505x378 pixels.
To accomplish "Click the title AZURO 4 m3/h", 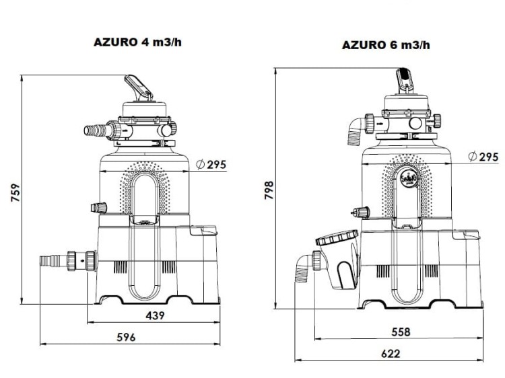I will coord(138,42).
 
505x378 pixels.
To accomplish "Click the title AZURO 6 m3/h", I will coord(386,45).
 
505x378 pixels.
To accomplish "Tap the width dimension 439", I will coord(154,315).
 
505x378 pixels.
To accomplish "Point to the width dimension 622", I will coord(389,353).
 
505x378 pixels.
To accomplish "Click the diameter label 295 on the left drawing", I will coord(210,164).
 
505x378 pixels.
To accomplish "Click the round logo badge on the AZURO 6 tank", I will coord(408,179).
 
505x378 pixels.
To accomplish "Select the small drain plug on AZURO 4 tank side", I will coord(100,207).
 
